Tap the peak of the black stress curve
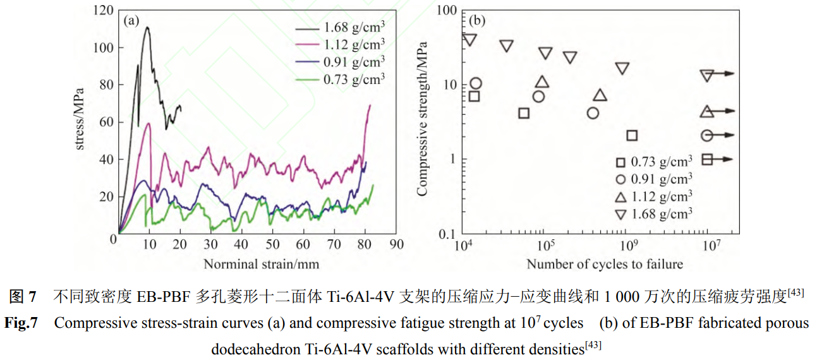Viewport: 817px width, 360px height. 147,27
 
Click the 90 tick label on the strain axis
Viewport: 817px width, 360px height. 396,244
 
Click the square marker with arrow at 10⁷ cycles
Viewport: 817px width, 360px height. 708,159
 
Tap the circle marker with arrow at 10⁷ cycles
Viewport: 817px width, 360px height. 708,135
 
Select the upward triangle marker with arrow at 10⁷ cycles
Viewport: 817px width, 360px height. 708,111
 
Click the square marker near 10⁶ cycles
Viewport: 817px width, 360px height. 632,135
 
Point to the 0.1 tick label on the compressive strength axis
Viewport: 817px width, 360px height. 447,234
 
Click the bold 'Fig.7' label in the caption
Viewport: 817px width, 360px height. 21,323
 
